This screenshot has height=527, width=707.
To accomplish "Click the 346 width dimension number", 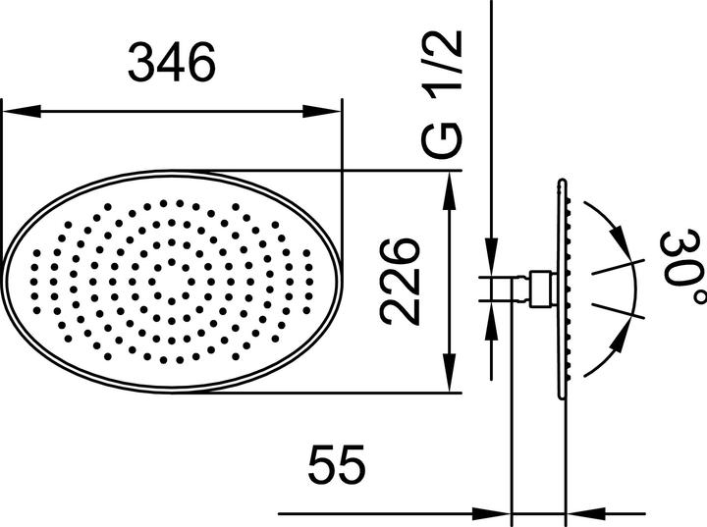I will (172, 65).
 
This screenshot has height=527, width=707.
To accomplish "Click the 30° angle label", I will (680, 267).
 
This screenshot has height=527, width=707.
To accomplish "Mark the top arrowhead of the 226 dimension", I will (451, 183).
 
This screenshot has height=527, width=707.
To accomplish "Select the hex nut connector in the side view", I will (539, 288).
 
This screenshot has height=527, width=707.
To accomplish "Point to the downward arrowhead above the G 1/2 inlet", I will (489, 262).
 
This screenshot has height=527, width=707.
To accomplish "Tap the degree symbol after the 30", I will (695, 295).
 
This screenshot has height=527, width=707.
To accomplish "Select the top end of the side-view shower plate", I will (563, 183).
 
